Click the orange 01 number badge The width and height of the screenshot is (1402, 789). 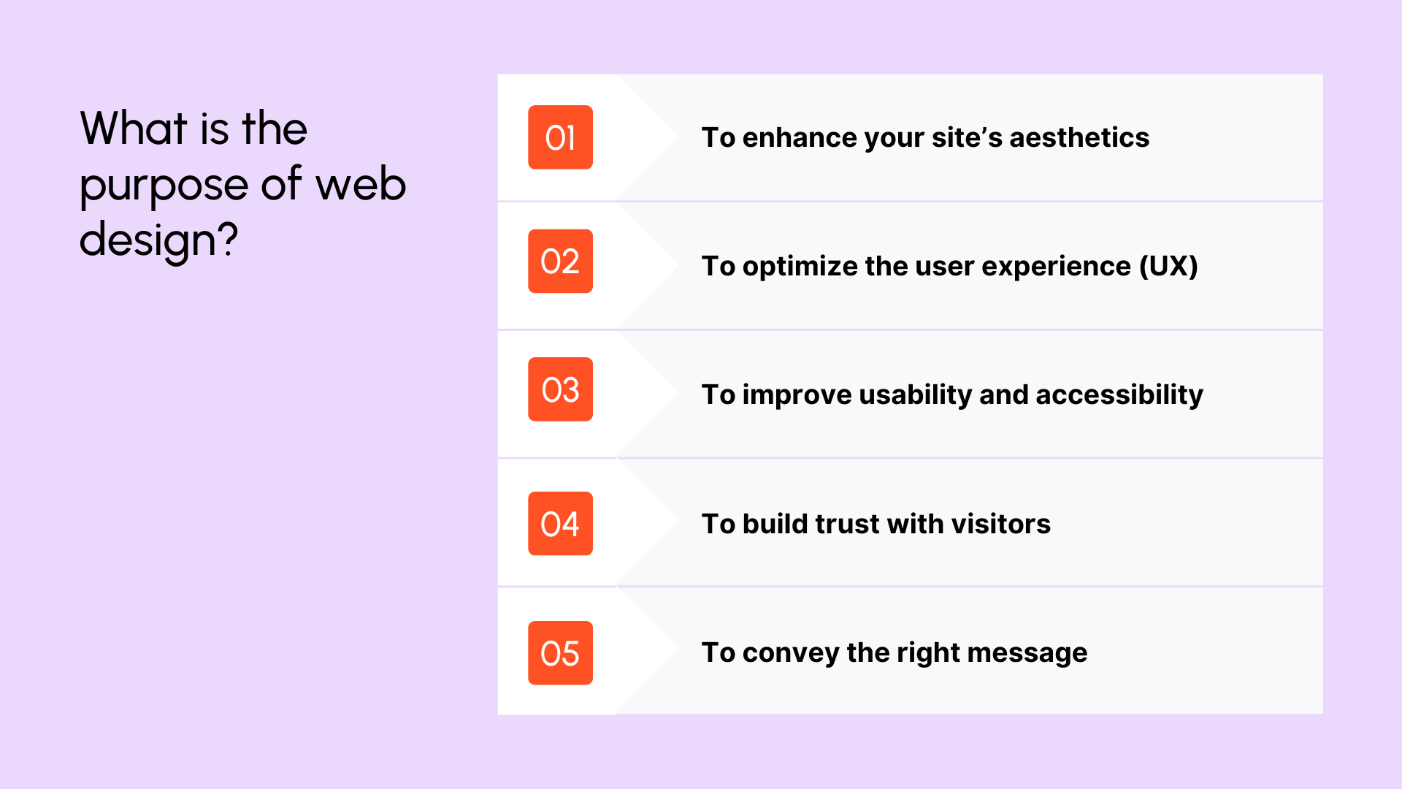coord(560,137)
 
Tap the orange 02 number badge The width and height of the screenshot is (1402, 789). coord(560,262)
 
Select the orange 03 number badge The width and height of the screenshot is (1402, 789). coord(560,389)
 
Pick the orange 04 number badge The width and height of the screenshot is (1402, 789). coord(560,524)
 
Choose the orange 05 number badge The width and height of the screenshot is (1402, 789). coord(560,653)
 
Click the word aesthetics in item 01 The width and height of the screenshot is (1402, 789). coord(1079,137)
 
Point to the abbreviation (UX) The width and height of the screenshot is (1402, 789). coord(1168,266)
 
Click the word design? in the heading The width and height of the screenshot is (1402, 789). coord(158,240)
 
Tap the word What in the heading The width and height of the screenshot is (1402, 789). coord(134,129)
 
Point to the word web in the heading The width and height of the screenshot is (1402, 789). coord(361,184)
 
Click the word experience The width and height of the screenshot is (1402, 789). coord(1056,267)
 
